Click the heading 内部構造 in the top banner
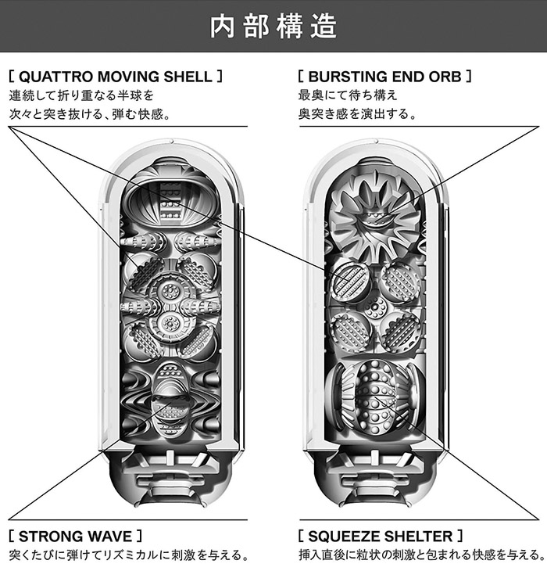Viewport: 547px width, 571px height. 273,26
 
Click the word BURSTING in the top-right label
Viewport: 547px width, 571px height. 347,77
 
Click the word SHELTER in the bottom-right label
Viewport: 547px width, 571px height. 419,537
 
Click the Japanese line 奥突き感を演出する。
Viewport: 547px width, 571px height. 356,114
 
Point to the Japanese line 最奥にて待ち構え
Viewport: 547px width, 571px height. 348,95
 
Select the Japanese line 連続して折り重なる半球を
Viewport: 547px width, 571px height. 81,95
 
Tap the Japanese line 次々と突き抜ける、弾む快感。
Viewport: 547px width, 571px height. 90,114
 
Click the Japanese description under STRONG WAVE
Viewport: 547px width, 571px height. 129,556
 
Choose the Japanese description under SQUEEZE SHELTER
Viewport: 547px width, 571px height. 420,556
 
